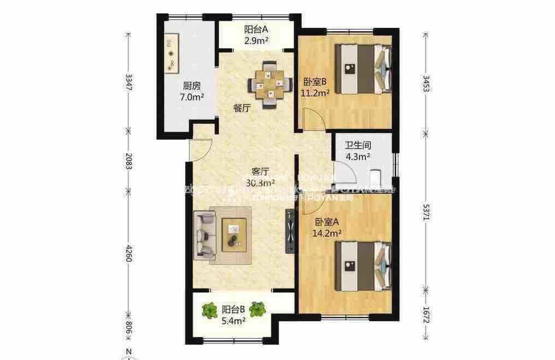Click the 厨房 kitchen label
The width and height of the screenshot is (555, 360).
191,86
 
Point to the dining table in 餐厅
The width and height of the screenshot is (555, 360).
268,84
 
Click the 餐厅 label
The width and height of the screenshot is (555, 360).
242,108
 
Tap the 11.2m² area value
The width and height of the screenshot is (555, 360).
315,93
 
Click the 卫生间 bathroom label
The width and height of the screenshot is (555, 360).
358,146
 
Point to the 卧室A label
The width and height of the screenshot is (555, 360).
327,222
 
